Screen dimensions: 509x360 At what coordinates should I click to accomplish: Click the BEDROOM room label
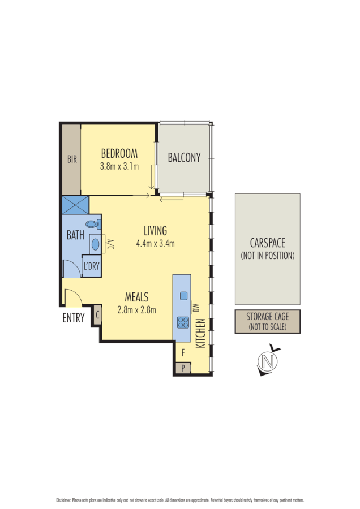click(119, 153)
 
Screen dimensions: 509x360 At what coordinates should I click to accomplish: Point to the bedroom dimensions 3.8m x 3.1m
click(119, 166)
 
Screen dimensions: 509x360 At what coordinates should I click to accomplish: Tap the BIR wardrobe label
click(72, 160)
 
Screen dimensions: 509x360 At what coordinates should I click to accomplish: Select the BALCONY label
click(184, 158)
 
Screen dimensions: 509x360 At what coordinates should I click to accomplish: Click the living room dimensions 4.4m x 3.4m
click(155, 244)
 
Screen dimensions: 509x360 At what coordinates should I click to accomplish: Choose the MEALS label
click(136, 296)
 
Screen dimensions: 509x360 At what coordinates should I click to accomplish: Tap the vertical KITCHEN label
click(199, 333)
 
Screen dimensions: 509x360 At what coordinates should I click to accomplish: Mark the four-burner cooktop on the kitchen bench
click(183, 322)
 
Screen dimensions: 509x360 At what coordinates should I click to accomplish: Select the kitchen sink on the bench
click(183, 295)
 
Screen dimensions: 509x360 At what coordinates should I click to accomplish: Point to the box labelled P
click(183, 368)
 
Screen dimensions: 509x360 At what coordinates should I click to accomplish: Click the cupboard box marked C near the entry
click(97, 315)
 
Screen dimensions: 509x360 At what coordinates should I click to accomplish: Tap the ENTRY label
click(74, 318)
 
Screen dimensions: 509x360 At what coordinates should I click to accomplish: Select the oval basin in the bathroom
click(95, 244)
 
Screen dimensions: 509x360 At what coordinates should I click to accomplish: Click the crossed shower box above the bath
click(75, 204)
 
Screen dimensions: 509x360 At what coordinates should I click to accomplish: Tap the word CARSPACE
click(267, 244)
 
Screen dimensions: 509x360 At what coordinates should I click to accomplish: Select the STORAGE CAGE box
click(267, 321)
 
